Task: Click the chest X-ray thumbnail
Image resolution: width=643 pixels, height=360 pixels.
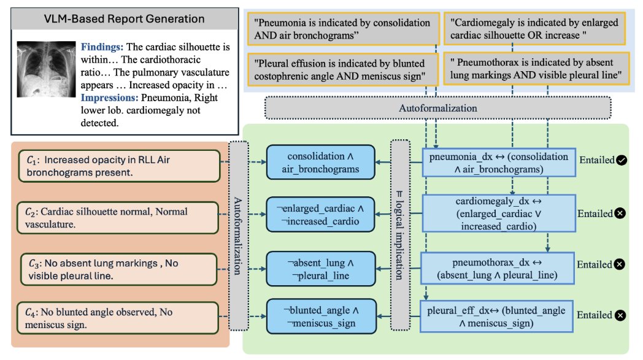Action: coord(46,69)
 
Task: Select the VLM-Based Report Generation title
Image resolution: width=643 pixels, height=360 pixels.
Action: coord(125,19)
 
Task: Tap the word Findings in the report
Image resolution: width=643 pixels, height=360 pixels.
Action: coord(102,47)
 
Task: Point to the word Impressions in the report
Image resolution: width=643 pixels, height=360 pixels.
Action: coord(109,98)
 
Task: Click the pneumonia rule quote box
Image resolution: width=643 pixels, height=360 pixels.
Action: coord(343,29)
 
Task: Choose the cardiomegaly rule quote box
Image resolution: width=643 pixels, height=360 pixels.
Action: coord(535,28)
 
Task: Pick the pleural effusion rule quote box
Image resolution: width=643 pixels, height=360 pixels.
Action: coord(343,69)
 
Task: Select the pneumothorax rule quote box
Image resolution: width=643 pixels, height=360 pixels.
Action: coord(536,69)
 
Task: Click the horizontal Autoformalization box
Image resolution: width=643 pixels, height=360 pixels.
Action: coord(438,109)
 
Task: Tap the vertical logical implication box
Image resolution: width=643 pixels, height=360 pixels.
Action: coord(400,235)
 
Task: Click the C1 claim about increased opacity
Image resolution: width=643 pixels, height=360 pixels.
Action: coord(119,166)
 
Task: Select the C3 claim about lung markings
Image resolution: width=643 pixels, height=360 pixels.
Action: coord(119,269)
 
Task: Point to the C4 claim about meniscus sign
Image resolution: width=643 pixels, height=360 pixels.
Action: coord(118,318)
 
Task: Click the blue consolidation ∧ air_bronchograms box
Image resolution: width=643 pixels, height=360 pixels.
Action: coord(321,163)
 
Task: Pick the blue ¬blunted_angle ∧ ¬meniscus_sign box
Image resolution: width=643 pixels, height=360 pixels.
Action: coord(321,316)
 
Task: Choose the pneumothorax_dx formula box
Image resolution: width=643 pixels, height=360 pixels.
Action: coord(498,269)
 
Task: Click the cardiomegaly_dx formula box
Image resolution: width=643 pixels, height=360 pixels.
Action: coord(499,213)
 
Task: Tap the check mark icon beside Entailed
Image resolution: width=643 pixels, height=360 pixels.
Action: coord(622,160)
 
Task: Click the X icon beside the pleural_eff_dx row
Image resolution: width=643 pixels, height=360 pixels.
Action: coord(620,315)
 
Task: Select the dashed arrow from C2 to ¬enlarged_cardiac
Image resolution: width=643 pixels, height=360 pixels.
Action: coord(242,214)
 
